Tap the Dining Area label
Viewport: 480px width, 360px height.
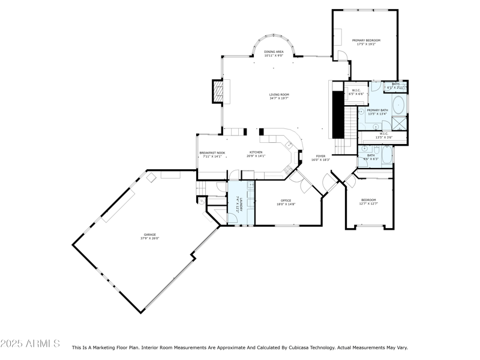click(274, 52)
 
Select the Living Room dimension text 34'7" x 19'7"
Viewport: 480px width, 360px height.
click(279, 98)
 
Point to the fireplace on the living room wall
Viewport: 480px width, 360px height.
click(219, 91)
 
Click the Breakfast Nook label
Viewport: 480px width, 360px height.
click(212, 153)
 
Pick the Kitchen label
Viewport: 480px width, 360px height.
click(256, 152)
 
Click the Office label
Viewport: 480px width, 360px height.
click(286, 200)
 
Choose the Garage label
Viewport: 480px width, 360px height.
click(149, 235)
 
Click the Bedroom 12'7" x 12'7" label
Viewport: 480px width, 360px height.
click(368, 200)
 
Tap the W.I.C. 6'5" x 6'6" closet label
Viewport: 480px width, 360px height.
click(356, 91)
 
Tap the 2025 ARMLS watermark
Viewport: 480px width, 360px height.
click(30, 344)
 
